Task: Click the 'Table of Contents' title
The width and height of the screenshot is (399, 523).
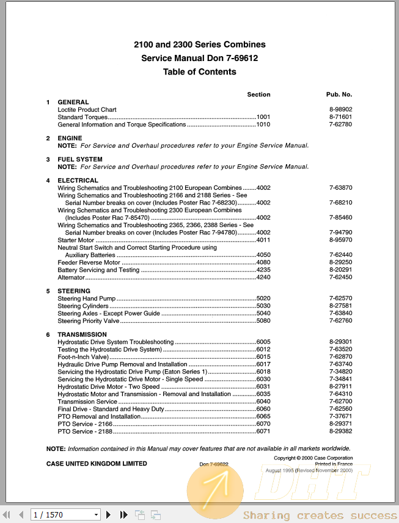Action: point(199,72)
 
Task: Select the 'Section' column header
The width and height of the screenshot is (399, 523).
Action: point(258,95)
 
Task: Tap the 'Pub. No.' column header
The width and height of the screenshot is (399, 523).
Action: point(339,95)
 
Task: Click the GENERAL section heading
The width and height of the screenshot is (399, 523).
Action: point(73,102)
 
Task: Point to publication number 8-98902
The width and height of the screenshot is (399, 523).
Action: point(340,110)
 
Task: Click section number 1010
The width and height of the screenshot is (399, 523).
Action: point(263,124)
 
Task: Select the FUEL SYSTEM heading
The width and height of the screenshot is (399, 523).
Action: point(80,159)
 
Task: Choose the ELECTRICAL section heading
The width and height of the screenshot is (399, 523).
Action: point(78,181)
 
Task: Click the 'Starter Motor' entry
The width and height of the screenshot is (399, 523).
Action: point(76,240)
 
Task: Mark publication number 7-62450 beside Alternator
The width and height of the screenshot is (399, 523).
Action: point(340,278)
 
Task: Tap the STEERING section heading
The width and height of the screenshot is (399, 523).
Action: point(74,291)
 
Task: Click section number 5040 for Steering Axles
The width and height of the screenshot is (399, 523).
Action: point(263,314)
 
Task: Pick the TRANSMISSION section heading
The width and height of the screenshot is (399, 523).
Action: point(82,335)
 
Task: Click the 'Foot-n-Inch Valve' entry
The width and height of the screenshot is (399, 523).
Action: point(83,357)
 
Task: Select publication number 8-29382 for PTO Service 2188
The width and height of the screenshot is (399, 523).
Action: point(340,431)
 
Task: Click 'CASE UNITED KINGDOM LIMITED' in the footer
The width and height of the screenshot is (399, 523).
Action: point(97,464)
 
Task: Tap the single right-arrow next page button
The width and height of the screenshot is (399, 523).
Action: point(109,515)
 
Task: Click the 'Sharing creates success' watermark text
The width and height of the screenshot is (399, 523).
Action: point(320,516)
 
